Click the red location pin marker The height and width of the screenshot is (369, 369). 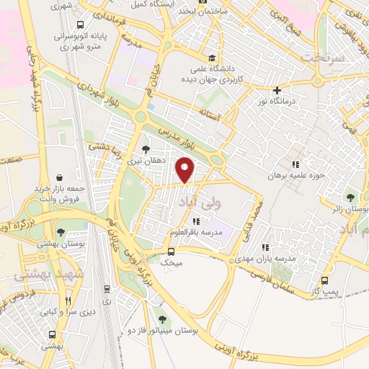point(186,171)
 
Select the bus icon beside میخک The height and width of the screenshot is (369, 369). point(171,252)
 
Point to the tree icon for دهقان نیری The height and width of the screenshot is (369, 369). point(146,149)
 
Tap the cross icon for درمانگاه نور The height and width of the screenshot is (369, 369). point(277,91)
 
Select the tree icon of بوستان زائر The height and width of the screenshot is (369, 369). point(351,197)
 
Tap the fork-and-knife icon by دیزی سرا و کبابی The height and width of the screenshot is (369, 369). point(68,301)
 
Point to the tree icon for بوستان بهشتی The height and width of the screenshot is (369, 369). point(60,231)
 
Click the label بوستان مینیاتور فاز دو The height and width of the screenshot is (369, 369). point(161,330)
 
